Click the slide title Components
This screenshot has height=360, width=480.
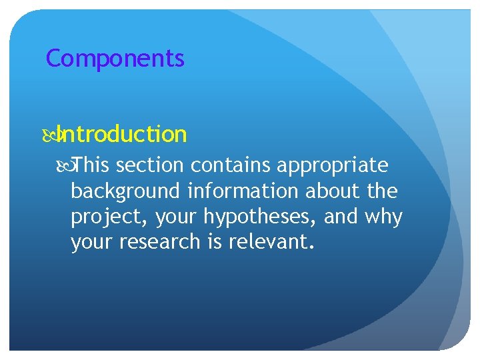pos(115,59)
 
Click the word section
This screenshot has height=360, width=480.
pos(151,165)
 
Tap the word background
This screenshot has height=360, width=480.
pos(125,191)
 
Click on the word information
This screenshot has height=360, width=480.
pos(243,191)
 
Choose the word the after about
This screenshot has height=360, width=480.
pos(382,191)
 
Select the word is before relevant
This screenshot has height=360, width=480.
pos(214,242)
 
